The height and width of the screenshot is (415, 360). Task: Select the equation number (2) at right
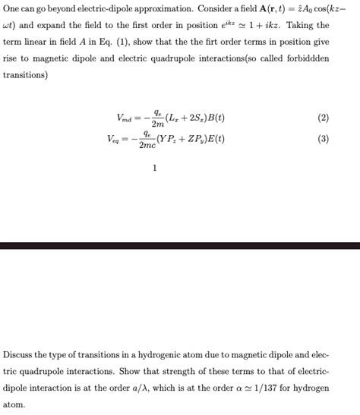coord(324,118)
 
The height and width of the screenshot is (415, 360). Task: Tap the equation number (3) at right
coord(324,139)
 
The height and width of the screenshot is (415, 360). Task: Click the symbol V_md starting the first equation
coord(124,118)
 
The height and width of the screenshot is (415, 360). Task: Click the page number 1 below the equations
coord(154,168)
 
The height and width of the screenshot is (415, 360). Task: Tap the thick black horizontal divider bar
coord(180,245)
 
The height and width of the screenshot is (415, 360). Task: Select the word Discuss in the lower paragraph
coord(19,354)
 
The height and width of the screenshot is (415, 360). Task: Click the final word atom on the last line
coord(14,404)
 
